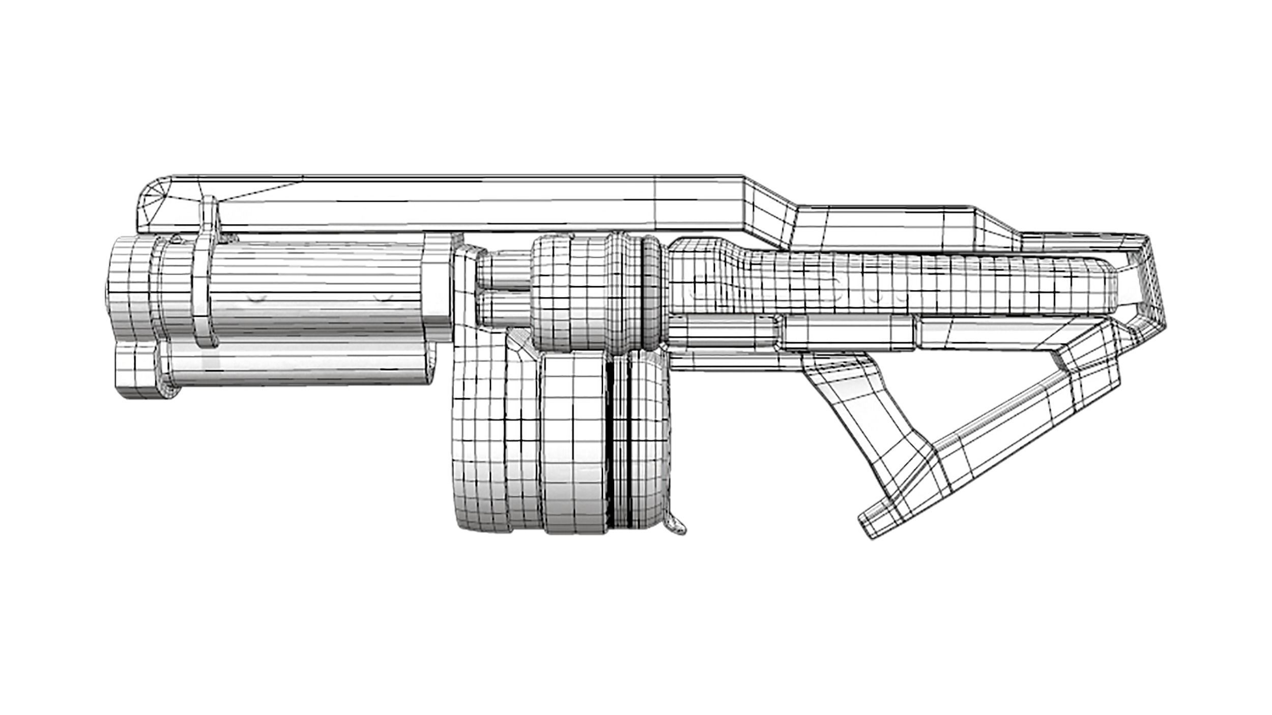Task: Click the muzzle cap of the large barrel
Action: [x=130, y=290]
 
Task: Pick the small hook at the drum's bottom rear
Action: [x=677, y=531]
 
